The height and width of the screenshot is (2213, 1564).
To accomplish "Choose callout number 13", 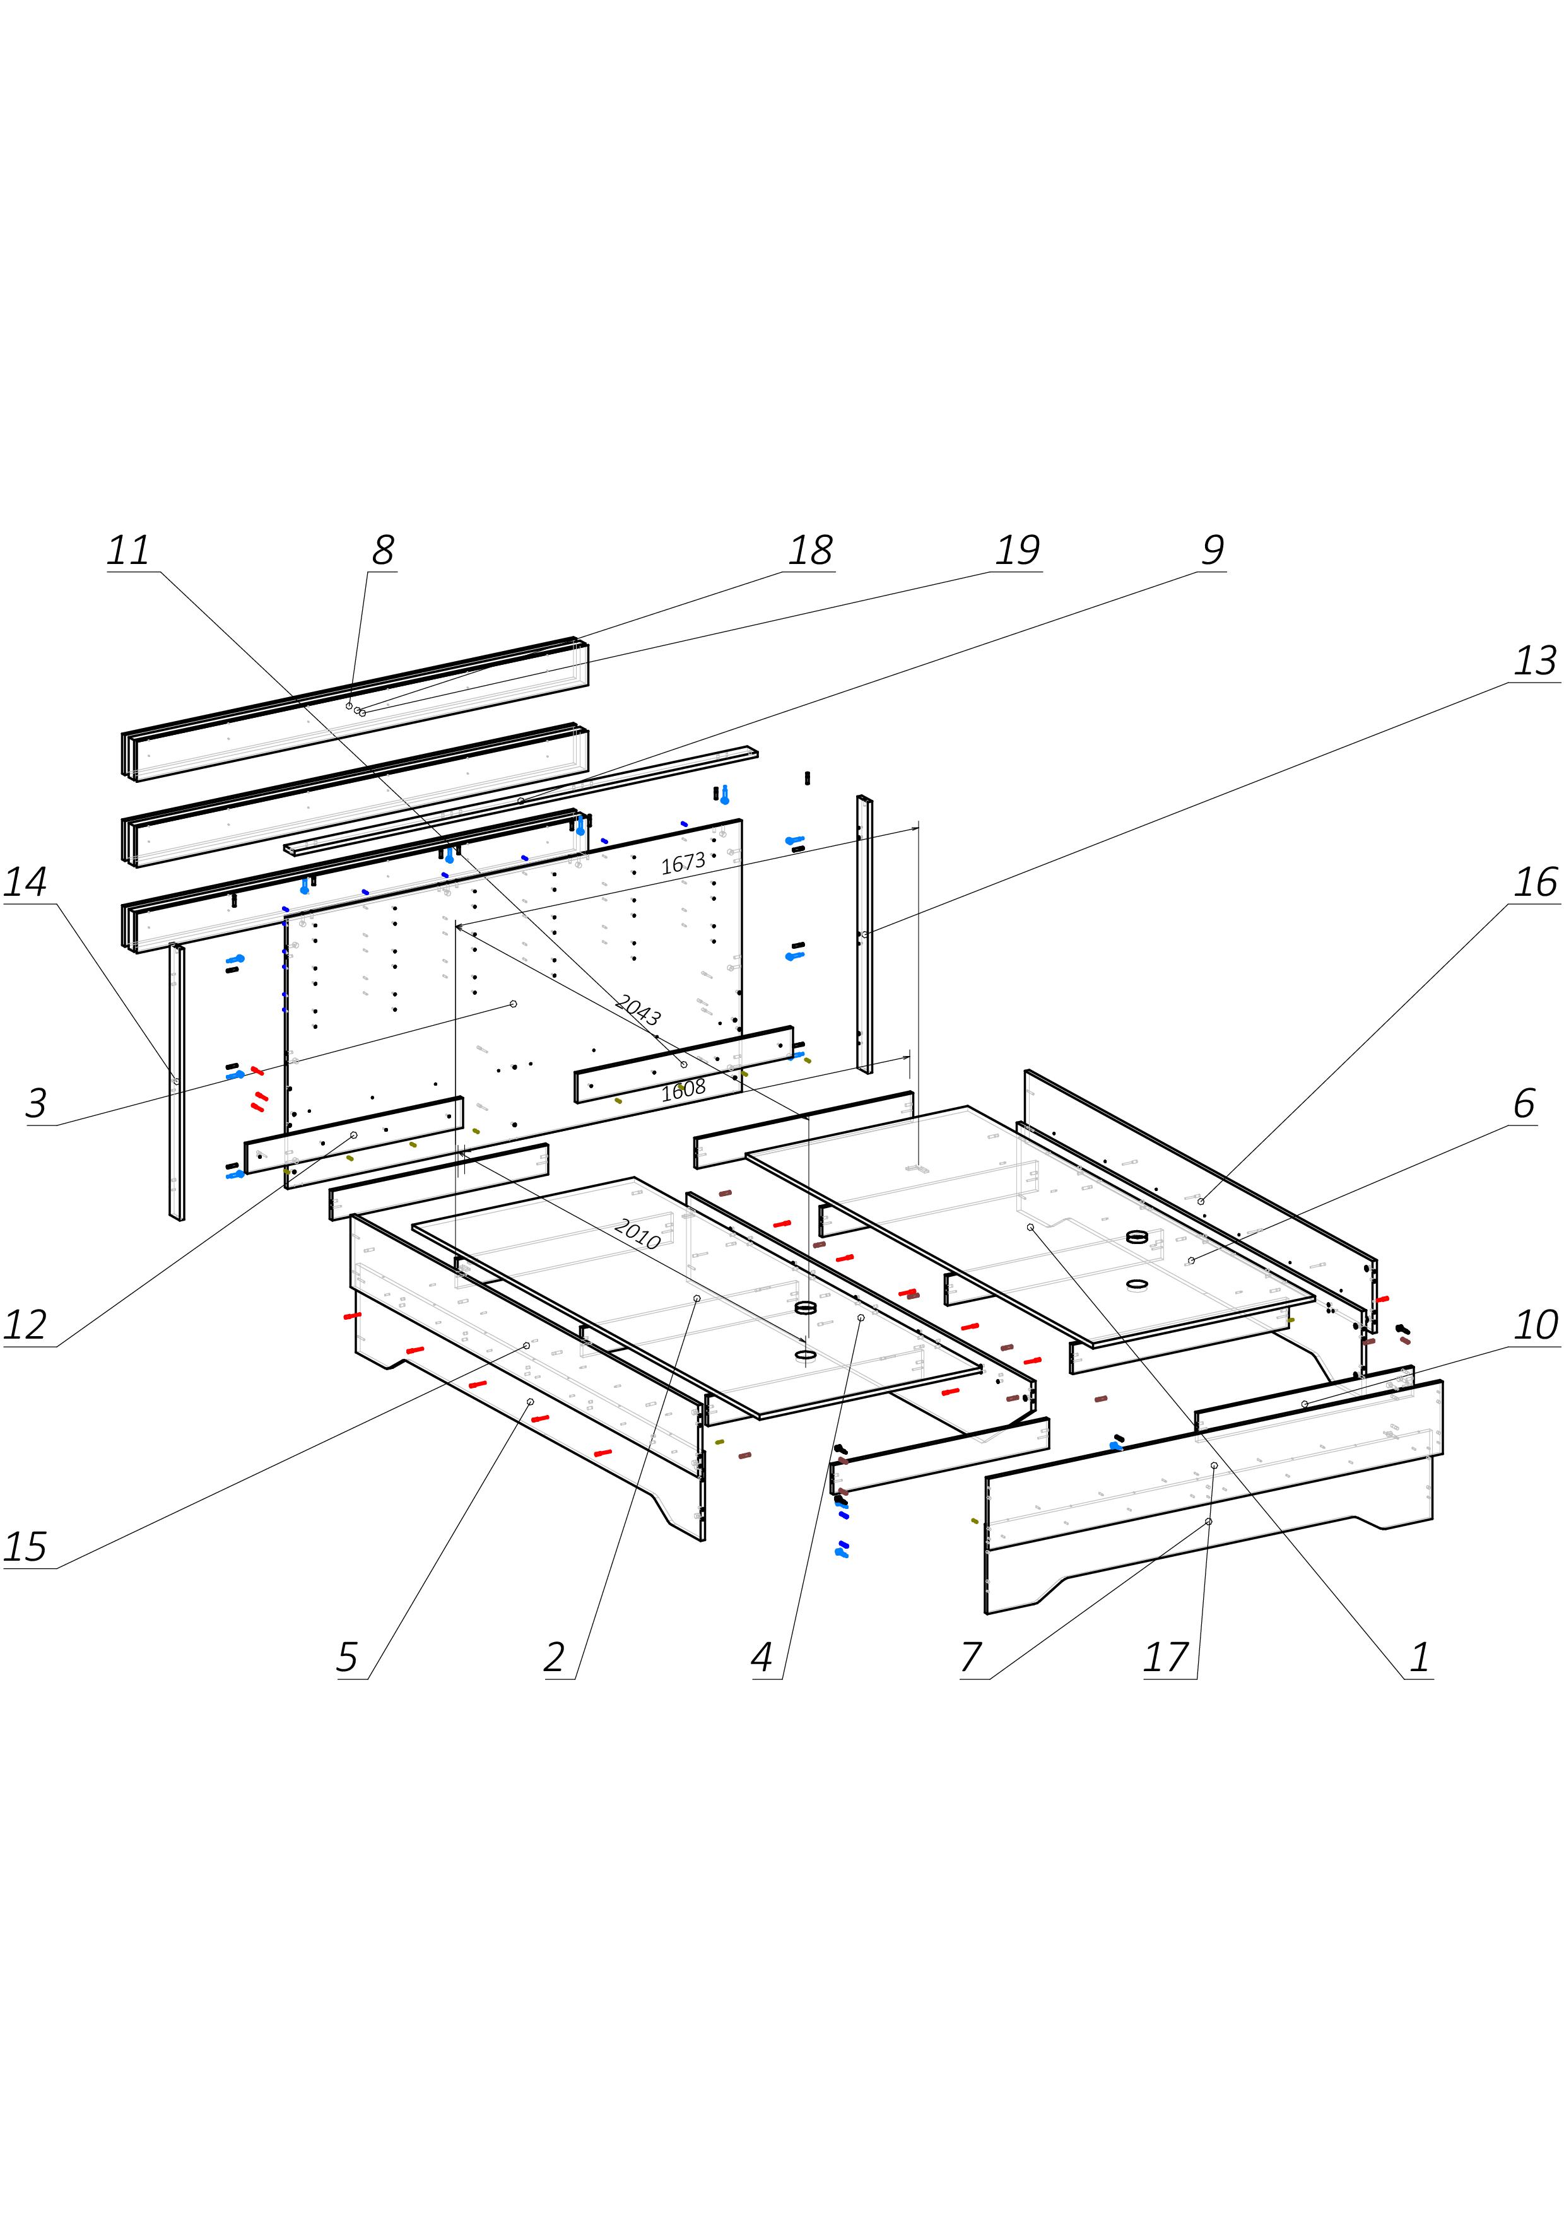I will pyautogui.click(x=1535, y=661).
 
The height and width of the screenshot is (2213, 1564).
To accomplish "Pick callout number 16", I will pyautogui.click(x=1535, y=882).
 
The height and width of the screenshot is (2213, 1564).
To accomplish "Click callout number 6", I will pyautogui.click(x=1524, y=1103).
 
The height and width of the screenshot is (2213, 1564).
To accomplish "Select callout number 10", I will pyautogui.click(x=1535, y=1325).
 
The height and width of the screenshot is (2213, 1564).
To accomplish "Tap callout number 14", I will pyautogui.click(x=25, y=882).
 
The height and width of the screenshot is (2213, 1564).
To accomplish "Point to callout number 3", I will pyautogui.click(x=37, y=1103).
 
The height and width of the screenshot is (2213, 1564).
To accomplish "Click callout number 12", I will pyautogui.click(x=25, y=1325).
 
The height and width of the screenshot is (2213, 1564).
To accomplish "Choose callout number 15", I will pyautogui.click(x=25, y=1547).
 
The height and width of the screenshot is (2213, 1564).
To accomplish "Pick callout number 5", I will pyautogui.click(x=347, y=1658).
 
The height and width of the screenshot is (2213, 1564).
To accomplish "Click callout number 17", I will pyautogui.click(x=1165, y=1658).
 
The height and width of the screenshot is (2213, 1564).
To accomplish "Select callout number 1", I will pyautogui.click(x=1420, y=1658).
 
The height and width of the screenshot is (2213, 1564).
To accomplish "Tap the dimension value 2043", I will pyautogui.click(x=638, y=1011).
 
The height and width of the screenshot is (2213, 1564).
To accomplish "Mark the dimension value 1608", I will pyautogui.click(x=683, y=1090).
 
